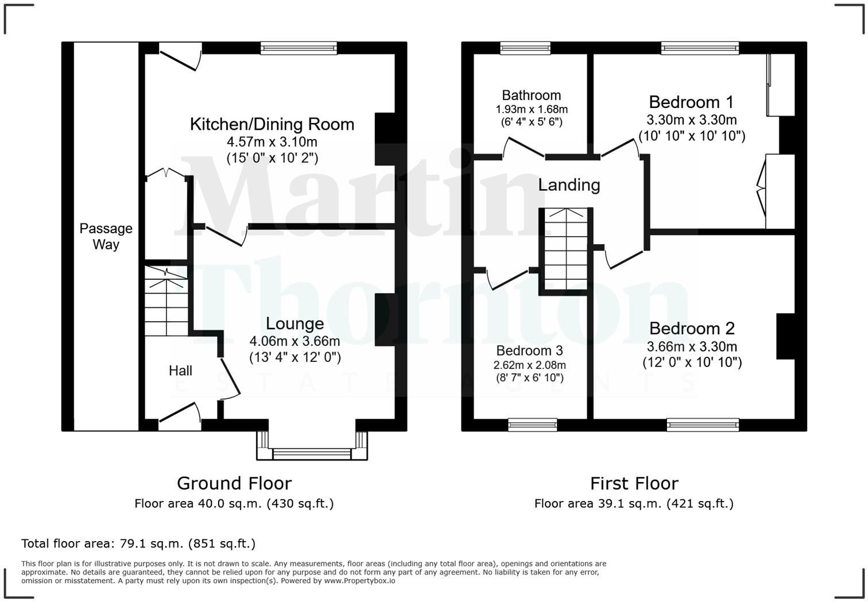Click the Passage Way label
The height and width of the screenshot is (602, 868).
106,236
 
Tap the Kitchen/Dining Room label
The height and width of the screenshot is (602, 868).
272,124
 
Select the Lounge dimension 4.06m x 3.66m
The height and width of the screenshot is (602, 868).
294,341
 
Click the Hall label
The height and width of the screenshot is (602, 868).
180,371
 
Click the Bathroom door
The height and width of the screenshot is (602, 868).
524,148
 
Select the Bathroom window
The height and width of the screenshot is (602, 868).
525,48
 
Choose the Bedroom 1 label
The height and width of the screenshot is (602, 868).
691,102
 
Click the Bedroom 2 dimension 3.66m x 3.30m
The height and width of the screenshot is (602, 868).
692,346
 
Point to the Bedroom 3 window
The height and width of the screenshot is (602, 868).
532,425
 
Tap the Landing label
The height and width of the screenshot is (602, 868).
569,185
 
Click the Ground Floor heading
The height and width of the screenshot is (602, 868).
234,483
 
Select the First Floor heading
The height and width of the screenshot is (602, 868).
634,483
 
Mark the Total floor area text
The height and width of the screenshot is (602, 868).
138,543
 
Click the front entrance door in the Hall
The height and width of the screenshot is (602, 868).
180,415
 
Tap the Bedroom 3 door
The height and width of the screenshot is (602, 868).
507,279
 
